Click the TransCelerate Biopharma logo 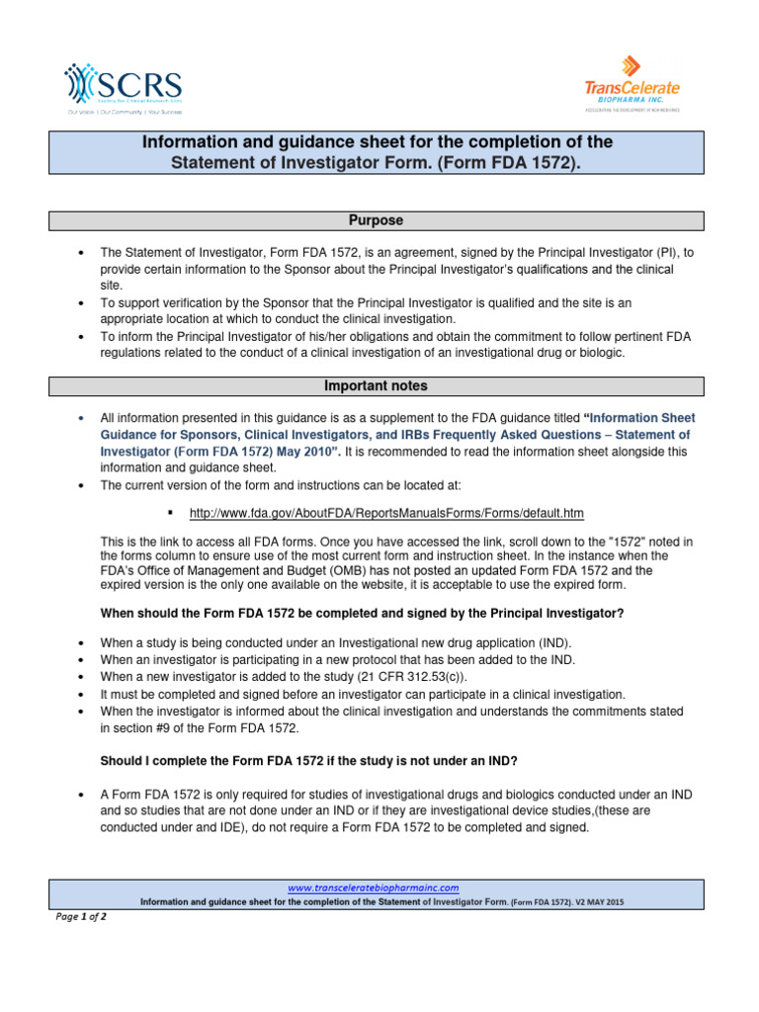(632, 87)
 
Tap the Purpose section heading (379, 220)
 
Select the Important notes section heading (379, 386)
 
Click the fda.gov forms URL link (386, 513)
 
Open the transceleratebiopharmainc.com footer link (379, 887)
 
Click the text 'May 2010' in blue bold (308, 452)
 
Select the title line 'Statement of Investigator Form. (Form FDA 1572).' (379, 161)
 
